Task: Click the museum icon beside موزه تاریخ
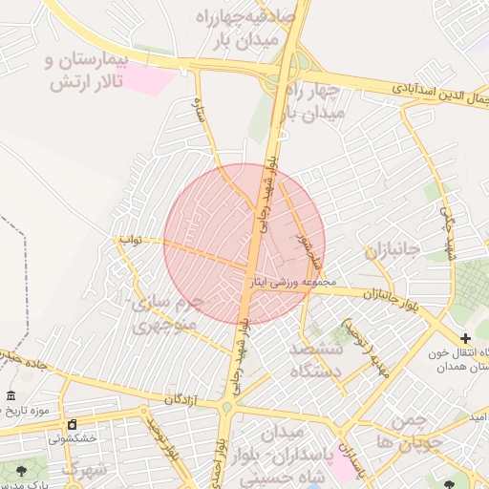[x=11, y=396]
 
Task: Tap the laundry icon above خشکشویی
[x=71, y=424]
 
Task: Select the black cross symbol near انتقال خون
[x=465, y=338]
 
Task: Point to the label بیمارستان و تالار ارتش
[x=86, y=72]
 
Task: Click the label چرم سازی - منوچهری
[x=167, y=314]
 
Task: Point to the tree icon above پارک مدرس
[x=21, y=469]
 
